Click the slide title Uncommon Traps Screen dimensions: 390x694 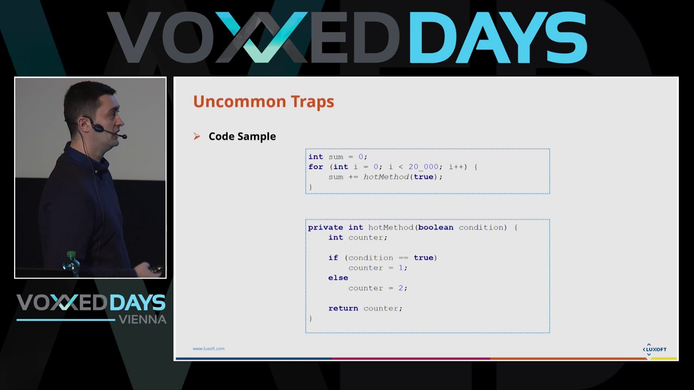coord(264,102)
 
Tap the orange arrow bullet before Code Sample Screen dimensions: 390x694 coord(197,136)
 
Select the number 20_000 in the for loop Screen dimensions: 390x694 coord(423,167)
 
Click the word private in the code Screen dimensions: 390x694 coord(325,227)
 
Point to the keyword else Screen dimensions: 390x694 coord(338,278)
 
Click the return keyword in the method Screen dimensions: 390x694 coord(343,308)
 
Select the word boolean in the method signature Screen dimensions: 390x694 coord(435,227)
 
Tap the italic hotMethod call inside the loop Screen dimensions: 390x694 coord(386,177)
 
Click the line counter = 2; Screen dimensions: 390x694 coord(377,288)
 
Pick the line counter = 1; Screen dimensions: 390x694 coord(377,268)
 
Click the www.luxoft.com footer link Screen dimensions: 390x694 coord(208,349)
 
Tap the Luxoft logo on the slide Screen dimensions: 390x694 coord(654,349)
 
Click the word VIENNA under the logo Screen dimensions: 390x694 coord(142,320)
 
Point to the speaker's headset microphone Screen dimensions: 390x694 coord(124,136)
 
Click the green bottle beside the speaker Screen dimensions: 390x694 coord(71,261)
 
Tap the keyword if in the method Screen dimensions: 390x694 coord(333,258)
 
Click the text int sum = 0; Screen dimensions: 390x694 coord(337,157)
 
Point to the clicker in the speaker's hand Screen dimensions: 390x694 coord(156,269)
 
